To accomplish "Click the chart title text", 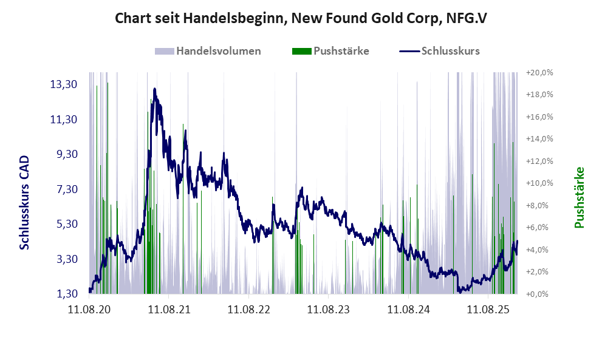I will point(301,18).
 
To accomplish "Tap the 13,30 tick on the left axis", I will point(63,84).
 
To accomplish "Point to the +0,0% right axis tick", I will point(540,294).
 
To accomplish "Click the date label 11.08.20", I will point(89,310).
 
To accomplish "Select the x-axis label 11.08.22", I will point(248,310).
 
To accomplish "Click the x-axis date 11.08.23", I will point(329,310).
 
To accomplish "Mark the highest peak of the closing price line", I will point(155,89).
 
